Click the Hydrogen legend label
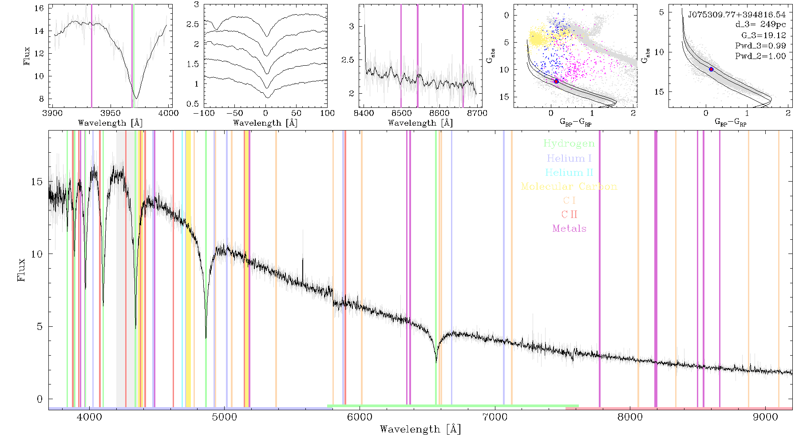click(569, 144)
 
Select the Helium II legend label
click(569, 172)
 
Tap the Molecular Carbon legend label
click(569, 186)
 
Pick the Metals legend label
click(569, 229)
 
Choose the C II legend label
click(569, 214)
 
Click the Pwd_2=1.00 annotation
click(760, 56)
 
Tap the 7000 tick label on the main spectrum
click(494, 417)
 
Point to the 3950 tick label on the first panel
click(111, 113)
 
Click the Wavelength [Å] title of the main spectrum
click(420, 429)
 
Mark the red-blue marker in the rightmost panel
click(711, 69)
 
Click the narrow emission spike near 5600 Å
click(303, 264)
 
